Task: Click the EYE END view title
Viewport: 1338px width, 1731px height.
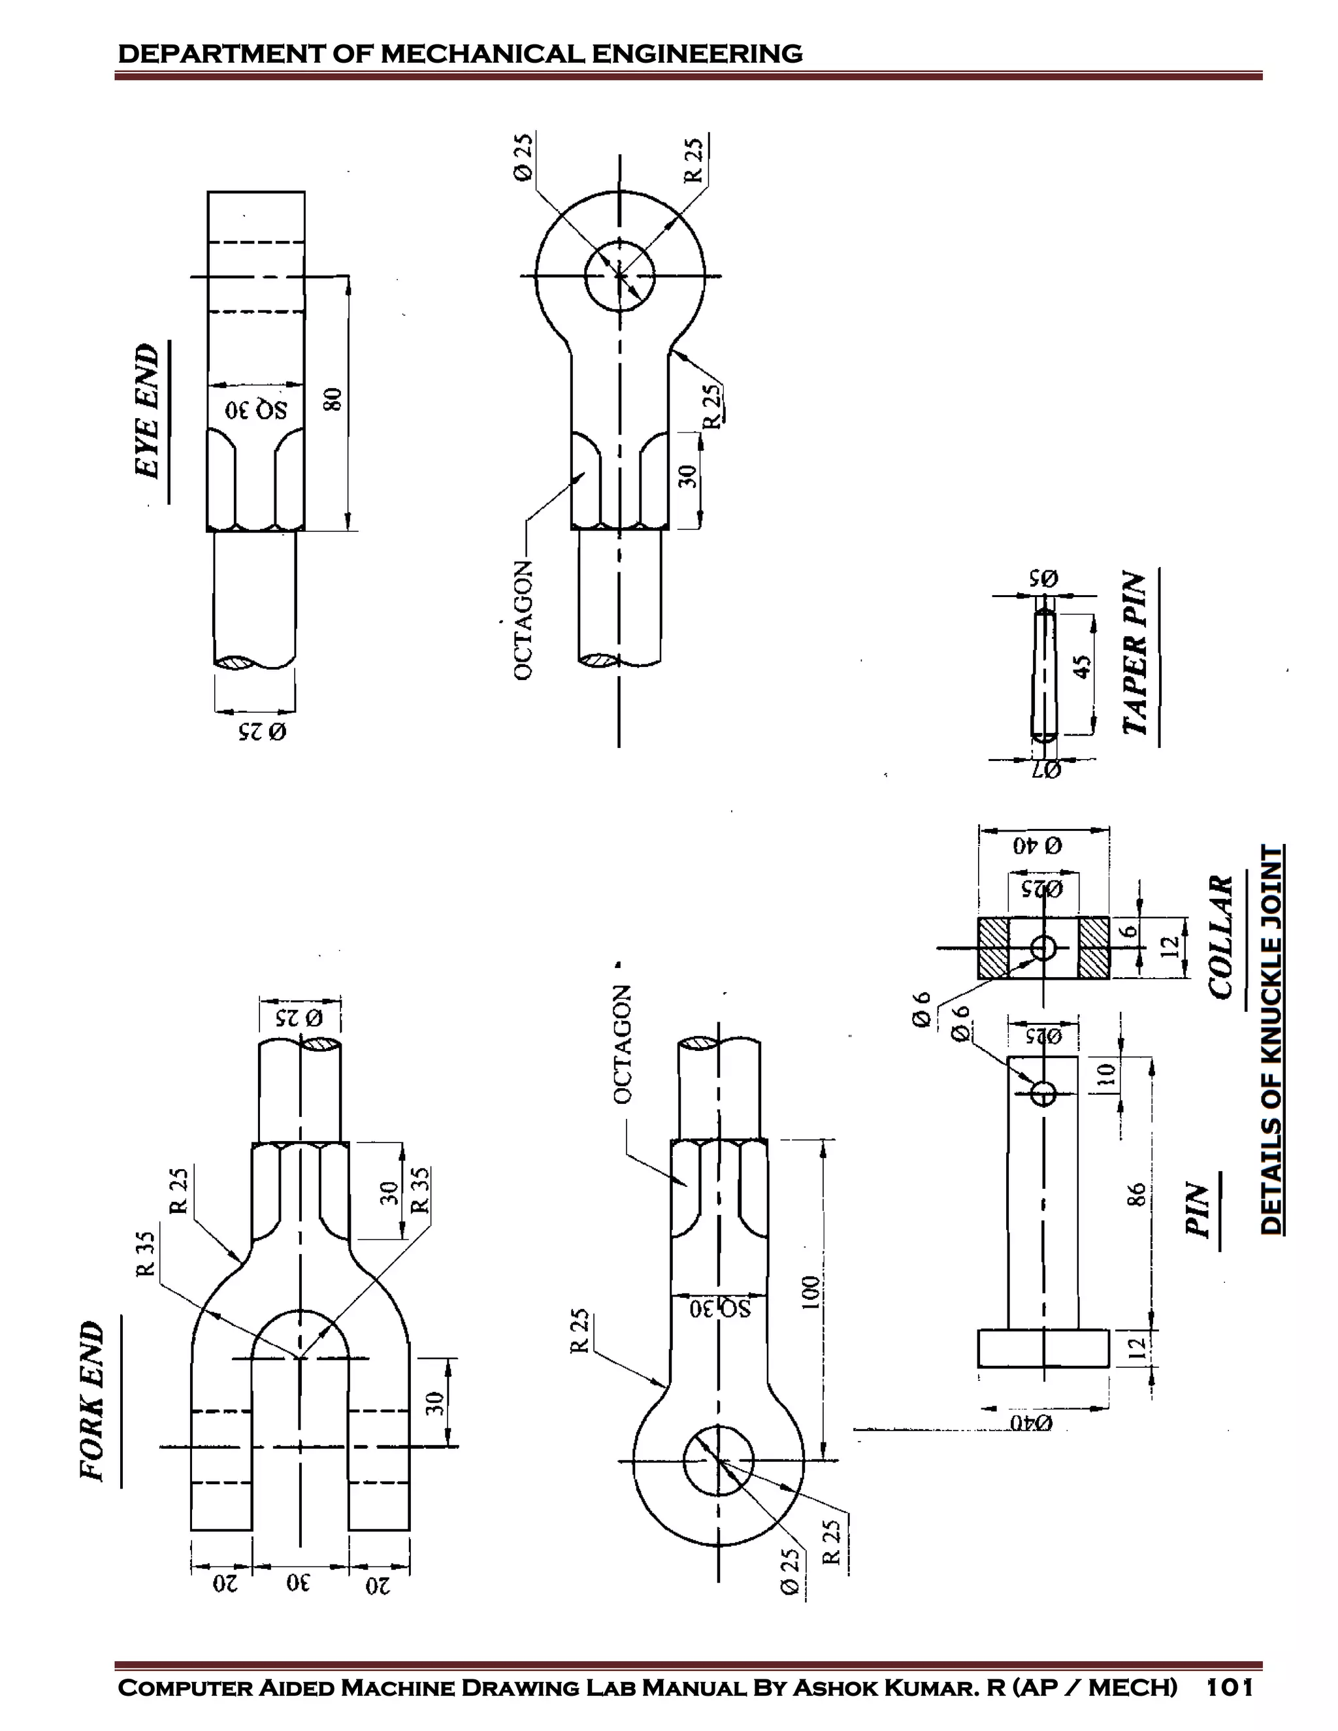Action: [x=148, y=411]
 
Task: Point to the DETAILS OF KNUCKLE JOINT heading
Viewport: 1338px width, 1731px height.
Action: [x=1271, y=1039]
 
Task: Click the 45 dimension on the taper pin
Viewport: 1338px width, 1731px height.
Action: [x=1081, y=664]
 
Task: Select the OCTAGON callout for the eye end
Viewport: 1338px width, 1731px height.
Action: [x=523, y=620]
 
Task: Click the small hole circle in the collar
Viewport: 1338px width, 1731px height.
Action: [x=1043, y=947]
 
